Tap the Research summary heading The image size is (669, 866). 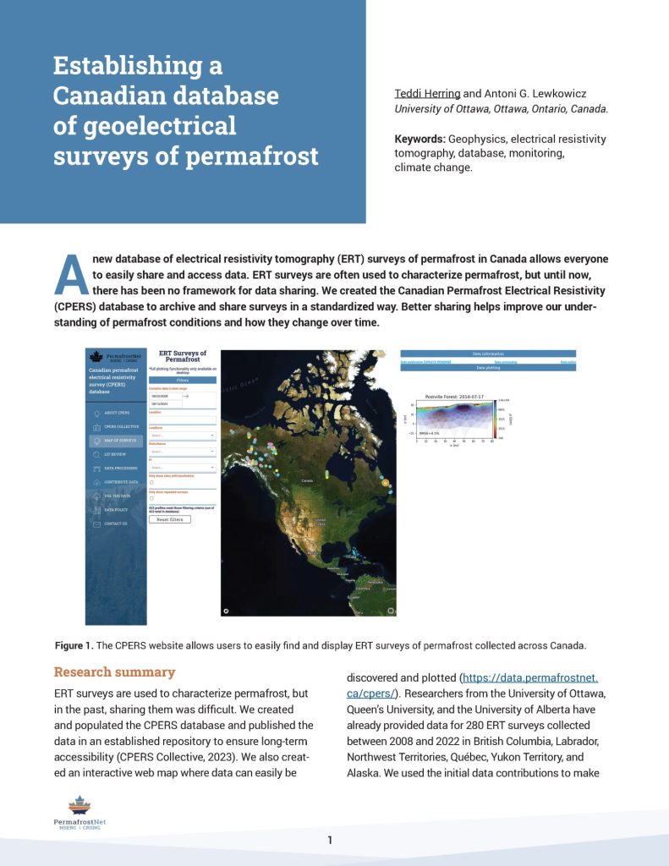(x=114, y=672)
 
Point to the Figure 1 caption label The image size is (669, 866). (x=74, y=645)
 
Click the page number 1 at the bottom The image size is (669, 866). (x=330, y=840)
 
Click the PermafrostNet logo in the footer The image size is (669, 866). (x=80, y=813)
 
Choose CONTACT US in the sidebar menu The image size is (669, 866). (x=116, y=523)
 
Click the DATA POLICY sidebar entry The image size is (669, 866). (x=116, y=510)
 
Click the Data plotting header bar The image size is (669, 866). (x=488, y=369)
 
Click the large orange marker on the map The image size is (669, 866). (x=385, y=482)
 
